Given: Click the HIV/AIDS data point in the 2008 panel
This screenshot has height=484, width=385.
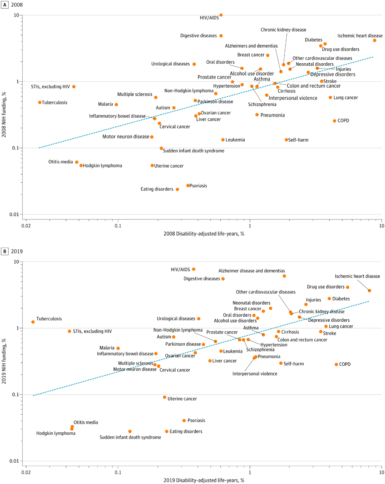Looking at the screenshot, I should coord(221,15).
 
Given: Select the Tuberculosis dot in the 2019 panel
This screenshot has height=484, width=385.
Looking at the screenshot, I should coord(33,322).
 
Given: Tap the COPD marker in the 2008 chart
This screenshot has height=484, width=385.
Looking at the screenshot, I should coord(335,121).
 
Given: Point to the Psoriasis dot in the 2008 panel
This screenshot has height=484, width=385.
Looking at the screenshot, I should coord(188,186).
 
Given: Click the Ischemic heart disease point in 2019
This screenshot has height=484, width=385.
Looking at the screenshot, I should coord(369,290).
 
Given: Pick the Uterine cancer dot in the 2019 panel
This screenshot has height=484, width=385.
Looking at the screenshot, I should coord(165,397).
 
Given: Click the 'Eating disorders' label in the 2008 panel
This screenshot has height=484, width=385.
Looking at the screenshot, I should coord(157,189).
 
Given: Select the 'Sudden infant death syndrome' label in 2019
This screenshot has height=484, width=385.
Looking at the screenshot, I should coord(130,437).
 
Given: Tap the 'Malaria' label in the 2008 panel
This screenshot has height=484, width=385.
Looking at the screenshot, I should coord(106,104).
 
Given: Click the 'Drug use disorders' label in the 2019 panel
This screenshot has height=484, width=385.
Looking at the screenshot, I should coord(326,287).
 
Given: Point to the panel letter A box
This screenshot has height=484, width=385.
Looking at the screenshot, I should coord(5,5).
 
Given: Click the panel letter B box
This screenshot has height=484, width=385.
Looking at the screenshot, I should coord(5,251).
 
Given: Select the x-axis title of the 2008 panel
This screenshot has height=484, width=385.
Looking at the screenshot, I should coord(204,234).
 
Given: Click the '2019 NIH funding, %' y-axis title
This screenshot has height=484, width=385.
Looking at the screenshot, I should coord(4,361).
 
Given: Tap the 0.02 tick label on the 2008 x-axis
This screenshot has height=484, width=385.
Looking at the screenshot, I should coord(26,226).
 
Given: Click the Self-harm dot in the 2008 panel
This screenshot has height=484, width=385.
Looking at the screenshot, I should coord(286,140).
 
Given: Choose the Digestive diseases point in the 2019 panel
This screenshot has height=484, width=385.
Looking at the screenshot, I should coord(223,279).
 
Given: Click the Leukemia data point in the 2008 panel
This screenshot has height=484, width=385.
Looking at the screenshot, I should coord(223,140).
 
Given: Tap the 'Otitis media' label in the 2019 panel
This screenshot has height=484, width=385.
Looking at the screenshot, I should coord(86,422).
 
